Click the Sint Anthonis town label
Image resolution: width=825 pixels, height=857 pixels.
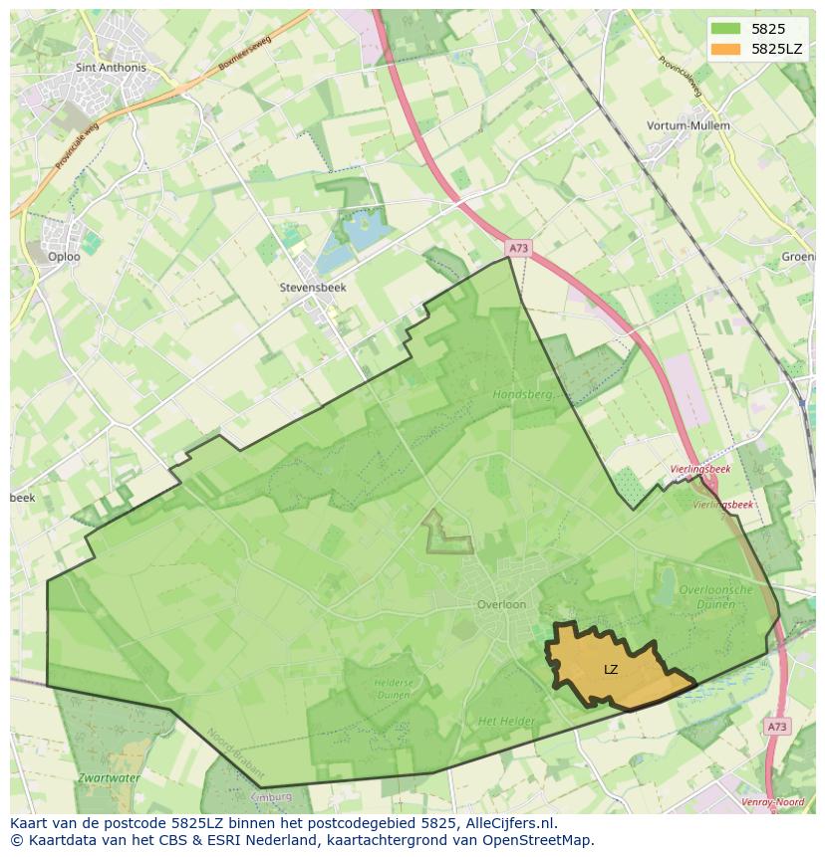[111, 68]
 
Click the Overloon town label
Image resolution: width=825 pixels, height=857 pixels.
[501, 604]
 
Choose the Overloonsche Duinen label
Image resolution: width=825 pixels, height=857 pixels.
[715, 596]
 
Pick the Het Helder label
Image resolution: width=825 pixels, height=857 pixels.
[506, 721]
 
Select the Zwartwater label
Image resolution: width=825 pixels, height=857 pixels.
[111, 776]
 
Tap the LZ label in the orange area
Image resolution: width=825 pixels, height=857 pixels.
[611, 670]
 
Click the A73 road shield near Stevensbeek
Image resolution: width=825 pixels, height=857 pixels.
[516, 248]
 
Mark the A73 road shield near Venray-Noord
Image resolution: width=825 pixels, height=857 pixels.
[777, 727]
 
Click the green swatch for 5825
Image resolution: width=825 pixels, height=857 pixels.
[726, 29]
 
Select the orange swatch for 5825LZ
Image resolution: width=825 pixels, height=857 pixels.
[726, 48]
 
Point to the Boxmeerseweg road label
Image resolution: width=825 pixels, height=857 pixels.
[246, 55]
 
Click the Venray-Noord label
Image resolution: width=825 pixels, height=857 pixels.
[772, 802]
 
